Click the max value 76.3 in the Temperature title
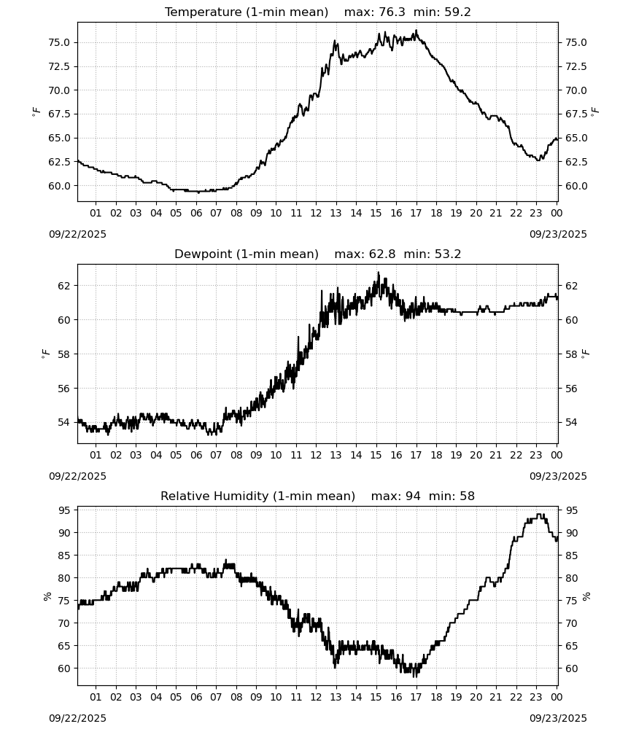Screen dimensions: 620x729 tap(392, 12)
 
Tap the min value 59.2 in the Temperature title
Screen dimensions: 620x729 tap(457, 12)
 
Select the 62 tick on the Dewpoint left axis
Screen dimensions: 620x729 tap(63, 286)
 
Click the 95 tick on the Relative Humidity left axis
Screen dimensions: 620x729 tap(63, 510)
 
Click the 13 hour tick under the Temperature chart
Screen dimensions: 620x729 tap(336, 213)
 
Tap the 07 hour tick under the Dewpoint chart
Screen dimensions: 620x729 tap(216, 455)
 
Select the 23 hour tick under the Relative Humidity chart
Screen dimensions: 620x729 tap(536, 697)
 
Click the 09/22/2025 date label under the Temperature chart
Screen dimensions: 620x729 tap(77, 234)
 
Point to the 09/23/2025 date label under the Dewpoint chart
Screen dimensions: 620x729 tap(558, 476)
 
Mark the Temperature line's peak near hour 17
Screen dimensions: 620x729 tap(416, 31)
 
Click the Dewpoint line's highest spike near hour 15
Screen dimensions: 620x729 tap(378, 273)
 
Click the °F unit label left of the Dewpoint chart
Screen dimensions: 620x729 tap(45, 354)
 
